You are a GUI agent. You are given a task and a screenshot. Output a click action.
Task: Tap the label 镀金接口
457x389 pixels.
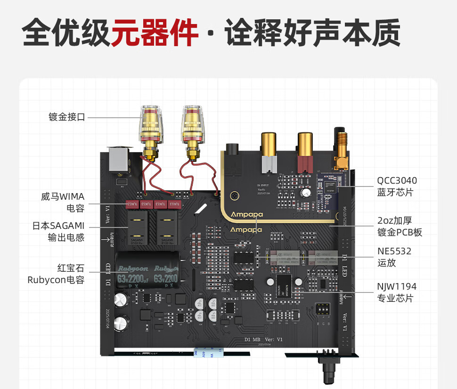(x=67, y=117)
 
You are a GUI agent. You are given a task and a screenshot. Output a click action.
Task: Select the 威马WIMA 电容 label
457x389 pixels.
(x=63, y=203)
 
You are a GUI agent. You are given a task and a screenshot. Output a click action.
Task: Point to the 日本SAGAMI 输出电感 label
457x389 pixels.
(x=58, y=232)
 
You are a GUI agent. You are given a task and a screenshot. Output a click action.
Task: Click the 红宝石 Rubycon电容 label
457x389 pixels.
(x=56, y=274)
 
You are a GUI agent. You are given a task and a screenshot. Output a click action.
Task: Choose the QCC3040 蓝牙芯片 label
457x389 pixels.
(x=397, y=186)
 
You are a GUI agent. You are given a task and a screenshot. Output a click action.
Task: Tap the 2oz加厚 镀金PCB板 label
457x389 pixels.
(x=400, y=226)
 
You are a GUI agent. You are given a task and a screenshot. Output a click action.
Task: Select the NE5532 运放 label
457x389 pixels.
(x=394, y=257)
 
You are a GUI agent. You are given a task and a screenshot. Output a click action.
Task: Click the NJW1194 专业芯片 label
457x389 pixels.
(x=397, y=292)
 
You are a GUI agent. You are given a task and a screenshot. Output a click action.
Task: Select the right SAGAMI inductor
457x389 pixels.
(x=167, y=226)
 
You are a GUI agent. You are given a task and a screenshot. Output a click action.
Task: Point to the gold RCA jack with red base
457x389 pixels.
(x=305, y=148)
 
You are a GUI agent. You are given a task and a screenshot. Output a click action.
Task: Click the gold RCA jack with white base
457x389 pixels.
(x=269, y=148)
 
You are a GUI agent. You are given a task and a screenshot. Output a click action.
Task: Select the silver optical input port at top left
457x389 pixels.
(x=117, y=159)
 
